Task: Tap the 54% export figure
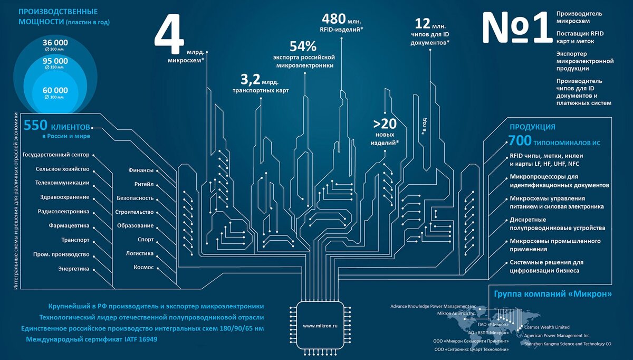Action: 303,46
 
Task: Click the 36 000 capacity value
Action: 55,42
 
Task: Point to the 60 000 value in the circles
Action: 55,90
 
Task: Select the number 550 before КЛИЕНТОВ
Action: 35,126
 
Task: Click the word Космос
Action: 143,267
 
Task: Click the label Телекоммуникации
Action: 62,183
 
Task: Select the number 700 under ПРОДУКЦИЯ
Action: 519,141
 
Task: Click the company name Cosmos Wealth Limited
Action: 544,327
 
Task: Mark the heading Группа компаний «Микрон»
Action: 552,293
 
